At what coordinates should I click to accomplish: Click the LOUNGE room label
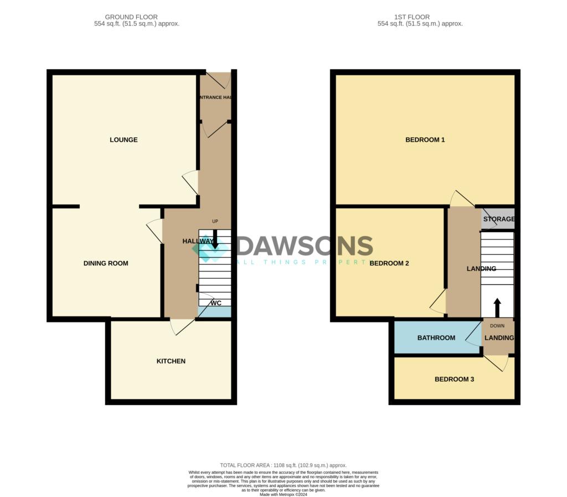point(123,140)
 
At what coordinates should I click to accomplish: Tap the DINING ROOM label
point(106,263)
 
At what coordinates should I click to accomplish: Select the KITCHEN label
point(171,361)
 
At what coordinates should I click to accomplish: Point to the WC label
point(216,303)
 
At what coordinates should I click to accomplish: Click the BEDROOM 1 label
point(425,140)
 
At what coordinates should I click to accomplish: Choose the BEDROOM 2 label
point(389,263)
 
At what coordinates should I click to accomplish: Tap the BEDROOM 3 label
point(454,380)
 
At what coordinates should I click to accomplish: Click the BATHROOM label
point(436,338)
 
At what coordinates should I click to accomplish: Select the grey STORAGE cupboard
point(498,219)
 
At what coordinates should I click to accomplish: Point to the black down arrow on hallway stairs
point(215,239)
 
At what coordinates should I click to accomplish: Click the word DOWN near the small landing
point(497,326)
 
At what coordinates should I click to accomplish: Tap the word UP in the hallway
point(215,222)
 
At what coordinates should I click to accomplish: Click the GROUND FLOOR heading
point(131,17)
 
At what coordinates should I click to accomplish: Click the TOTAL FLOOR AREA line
point(283,465)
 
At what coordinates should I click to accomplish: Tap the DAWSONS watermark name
point(305,245)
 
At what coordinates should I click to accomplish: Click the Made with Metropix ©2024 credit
point(283,494)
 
